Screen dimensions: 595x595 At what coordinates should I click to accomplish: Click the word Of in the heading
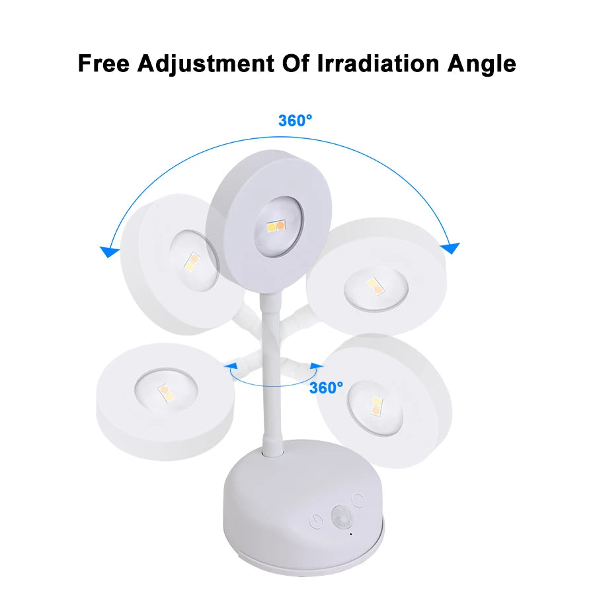click(293, 64)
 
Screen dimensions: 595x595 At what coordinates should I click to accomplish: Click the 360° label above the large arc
click(295, 120)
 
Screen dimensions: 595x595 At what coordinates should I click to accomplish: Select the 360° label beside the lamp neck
click(327, 387)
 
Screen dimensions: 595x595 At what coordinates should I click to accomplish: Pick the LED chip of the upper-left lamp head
click(192, 263)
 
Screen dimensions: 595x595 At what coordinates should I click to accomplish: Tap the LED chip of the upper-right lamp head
click(374, 286)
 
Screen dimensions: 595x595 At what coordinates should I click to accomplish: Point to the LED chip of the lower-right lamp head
click(376, 405)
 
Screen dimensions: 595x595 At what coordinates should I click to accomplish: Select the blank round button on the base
click(358, 500)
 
